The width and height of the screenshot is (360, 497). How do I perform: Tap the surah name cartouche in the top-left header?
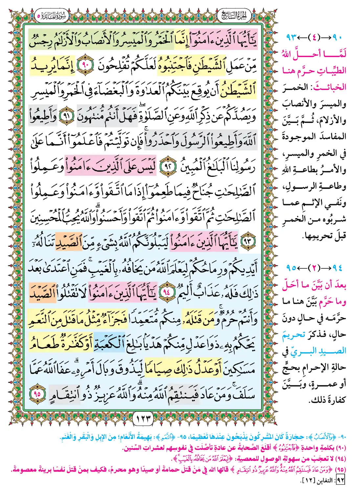(51, 15)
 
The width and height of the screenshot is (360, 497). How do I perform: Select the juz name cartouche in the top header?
(234, 15)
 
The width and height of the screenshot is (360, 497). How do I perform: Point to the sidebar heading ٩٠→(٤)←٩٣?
(314, 38)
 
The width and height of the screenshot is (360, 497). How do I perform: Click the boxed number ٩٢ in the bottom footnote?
(340, 480)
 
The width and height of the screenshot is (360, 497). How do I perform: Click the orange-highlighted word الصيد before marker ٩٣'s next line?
(68, 241)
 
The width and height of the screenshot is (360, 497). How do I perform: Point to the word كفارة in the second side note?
(335, 400)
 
